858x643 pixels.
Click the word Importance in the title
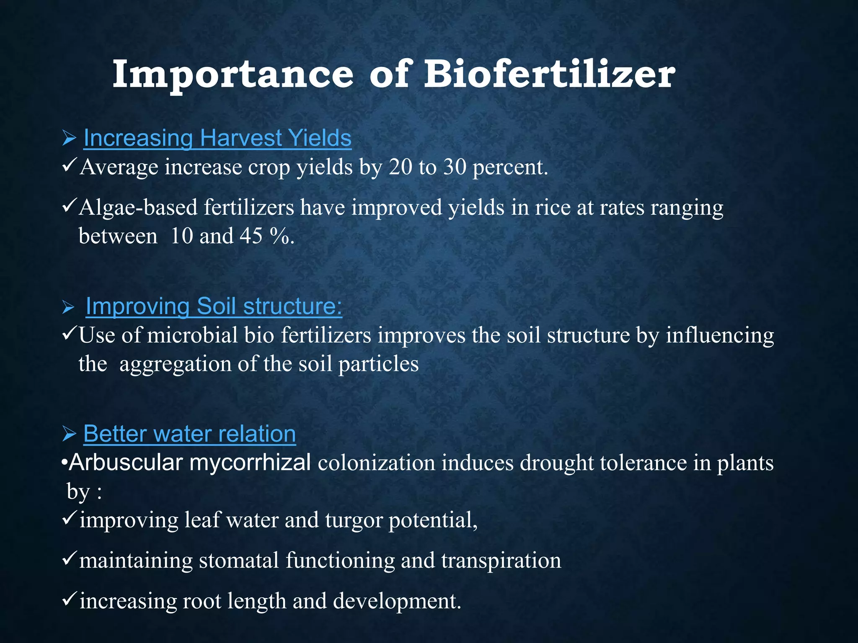(x=233, y=75)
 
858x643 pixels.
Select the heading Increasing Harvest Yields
(x=217, y=138)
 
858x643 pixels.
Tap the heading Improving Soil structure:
(x=214, y=306)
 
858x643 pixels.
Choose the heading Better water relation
(x=189, y=434)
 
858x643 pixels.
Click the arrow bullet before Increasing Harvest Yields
(x=69, y=138)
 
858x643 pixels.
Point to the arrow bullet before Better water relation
(x=69, y=434)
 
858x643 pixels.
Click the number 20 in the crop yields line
(x=400, y=167)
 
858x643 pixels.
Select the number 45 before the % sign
(x=251, y=236)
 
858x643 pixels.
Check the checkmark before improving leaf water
(x=69, y=519)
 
